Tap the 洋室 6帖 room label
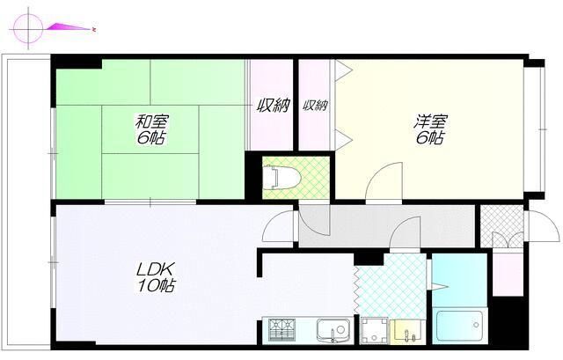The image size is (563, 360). pyautogui.click(x=430, y=129)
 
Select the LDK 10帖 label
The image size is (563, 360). pyautogui.click(x=156, y=276)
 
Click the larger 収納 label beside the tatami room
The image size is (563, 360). pyautogui.click(x=273, y=106)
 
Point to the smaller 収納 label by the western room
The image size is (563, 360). pyautogui.click(x=315, y=106)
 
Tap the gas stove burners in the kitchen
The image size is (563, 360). pyautogui.click(x=281, y=329)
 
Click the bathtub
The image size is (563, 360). pyautogui.click(x=459, y=326)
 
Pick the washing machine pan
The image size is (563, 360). pyautogui.click(x=374, y=330)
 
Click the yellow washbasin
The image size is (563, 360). pyautogui.click(x=406, y=331)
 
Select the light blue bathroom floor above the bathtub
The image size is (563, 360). pyautogui.click(x=459, y=280)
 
